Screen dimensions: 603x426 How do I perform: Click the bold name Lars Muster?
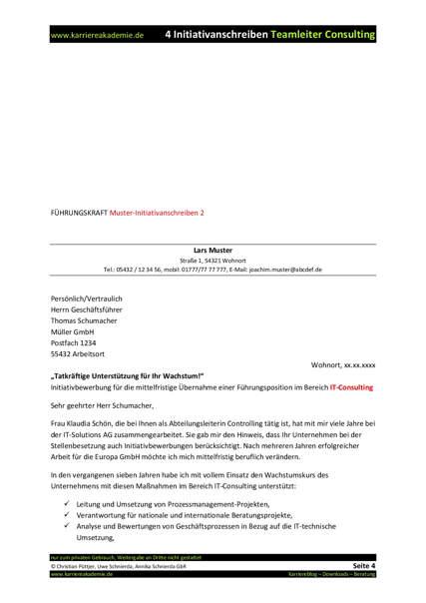pyautogui.click(x=213, y=250)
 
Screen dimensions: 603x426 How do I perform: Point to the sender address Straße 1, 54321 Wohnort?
pyautogui.click(x=213, y=260)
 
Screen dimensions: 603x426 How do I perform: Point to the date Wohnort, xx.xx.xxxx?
pyautogui.click(x=344, y=366)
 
